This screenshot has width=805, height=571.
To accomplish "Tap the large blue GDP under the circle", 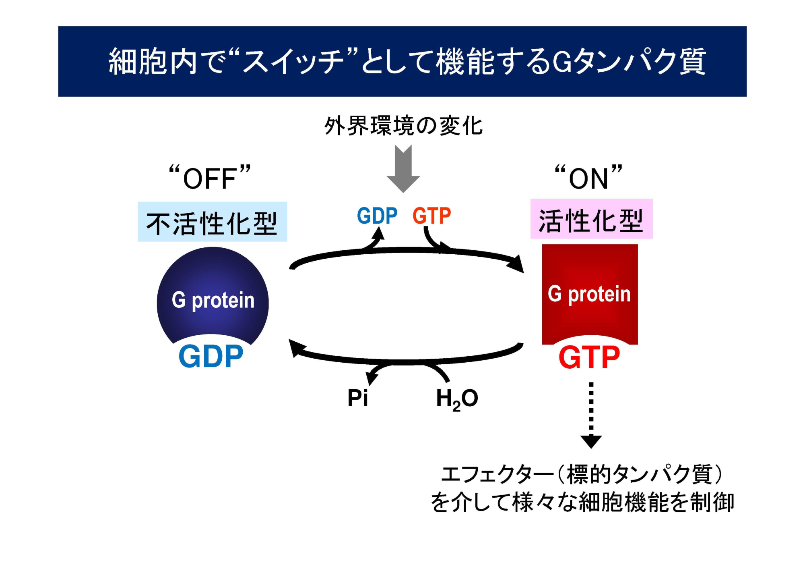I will [x=211, y=357].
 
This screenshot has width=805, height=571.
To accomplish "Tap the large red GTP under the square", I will [x=589, y=357].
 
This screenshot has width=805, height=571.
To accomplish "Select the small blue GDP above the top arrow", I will [x=377, y=216].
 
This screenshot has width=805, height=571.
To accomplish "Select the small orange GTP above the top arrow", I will [x=431, y=216].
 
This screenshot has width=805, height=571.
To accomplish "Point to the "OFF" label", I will [x=210, y=178].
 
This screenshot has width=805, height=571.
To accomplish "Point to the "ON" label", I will [x=588, y=178].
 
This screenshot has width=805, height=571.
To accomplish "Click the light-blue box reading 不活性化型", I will [x=212, y=222].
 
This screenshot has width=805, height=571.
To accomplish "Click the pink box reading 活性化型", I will [x=591, y=219].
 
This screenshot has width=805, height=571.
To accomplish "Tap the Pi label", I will [x=357, y=398].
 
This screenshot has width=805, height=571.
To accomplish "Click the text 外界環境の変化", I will [x=403, y=126].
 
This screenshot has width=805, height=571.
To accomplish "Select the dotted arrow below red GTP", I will [x=591, y=415].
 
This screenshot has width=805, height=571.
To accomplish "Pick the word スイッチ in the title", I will [x=294, y=61].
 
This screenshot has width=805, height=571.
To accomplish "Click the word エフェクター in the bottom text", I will [x=497, y=474].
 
